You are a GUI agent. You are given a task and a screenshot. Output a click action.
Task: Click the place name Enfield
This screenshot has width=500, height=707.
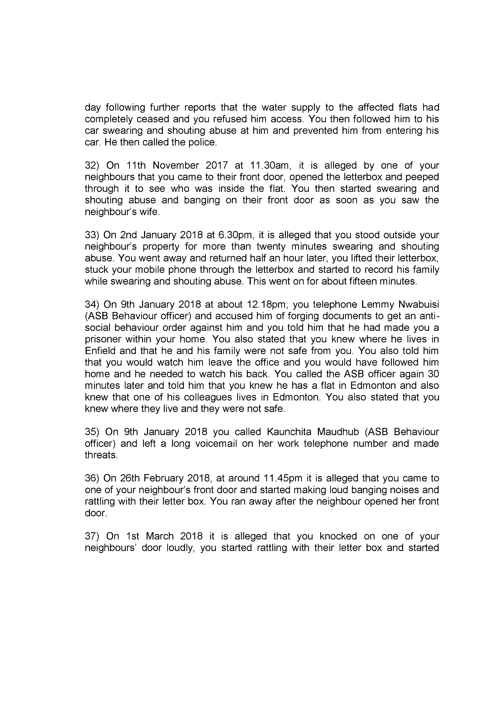(x=99, y=351)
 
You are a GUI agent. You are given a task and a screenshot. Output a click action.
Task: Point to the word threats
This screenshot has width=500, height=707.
(x=101, y=455)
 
